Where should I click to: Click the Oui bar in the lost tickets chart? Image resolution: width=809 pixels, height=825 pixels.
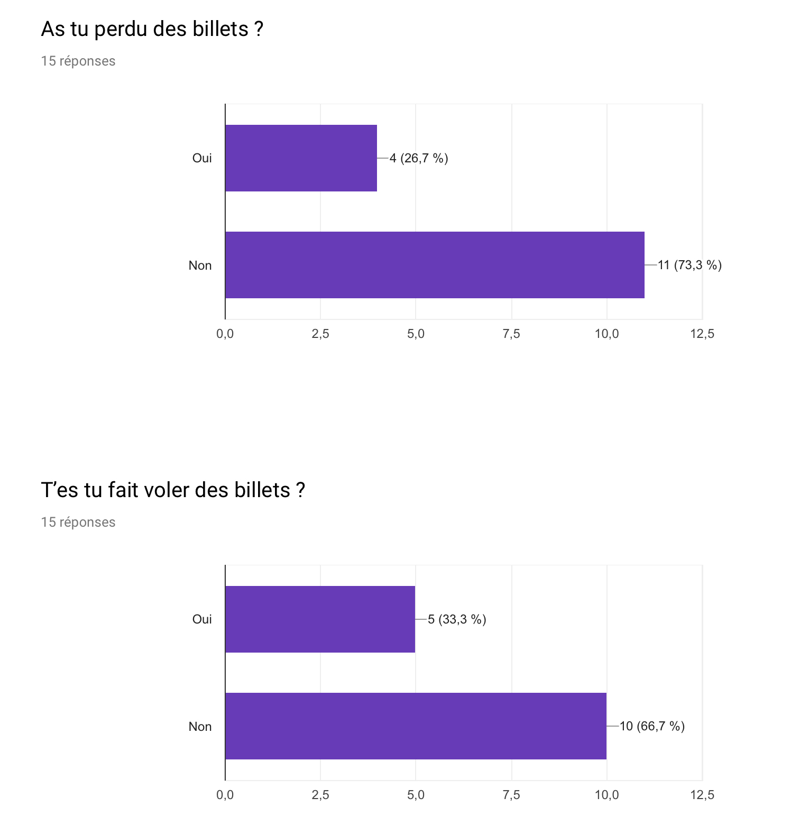tap(301, 158)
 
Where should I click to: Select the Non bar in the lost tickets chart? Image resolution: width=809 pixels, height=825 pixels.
tap(435, 265)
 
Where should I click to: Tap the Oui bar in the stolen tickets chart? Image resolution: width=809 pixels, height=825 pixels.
tap(320, 619)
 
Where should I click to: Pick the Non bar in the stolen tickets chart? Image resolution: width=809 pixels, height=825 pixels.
tap(416, 726)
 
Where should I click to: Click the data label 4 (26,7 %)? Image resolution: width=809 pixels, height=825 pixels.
tap(419, 158)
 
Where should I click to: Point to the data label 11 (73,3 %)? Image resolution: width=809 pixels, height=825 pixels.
tap(690, 265)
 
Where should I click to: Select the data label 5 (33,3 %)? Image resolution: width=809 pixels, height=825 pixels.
tap(457, 619)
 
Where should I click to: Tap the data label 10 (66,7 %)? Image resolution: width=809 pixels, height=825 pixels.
tap(652, 726)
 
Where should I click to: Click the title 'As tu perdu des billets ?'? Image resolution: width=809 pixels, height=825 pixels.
tap(152, 29)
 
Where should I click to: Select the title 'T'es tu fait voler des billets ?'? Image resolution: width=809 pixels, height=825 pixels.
tap(173, 490)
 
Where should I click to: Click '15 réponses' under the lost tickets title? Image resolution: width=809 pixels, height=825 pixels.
tap(78, 61)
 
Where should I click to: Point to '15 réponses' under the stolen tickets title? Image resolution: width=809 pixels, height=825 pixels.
tap(78, 522)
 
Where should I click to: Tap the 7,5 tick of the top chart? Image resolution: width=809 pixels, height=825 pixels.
tap(511, 334)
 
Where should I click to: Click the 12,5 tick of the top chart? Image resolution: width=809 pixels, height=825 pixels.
tap(702, 334)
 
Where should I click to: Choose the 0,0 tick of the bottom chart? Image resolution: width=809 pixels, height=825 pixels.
tap(225, 795)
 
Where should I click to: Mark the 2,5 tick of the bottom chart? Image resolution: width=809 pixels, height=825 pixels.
tap(320, 795)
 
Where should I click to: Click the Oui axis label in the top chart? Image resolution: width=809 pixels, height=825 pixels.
tap(202, 158)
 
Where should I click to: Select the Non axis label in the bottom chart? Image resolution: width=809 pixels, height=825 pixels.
tap(200, 726)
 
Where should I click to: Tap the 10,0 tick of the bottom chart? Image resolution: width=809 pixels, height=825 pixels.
tap(606, 795)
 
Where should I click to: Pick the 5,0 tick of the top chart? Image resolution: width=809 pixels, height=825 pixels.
tap(416, 334)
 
